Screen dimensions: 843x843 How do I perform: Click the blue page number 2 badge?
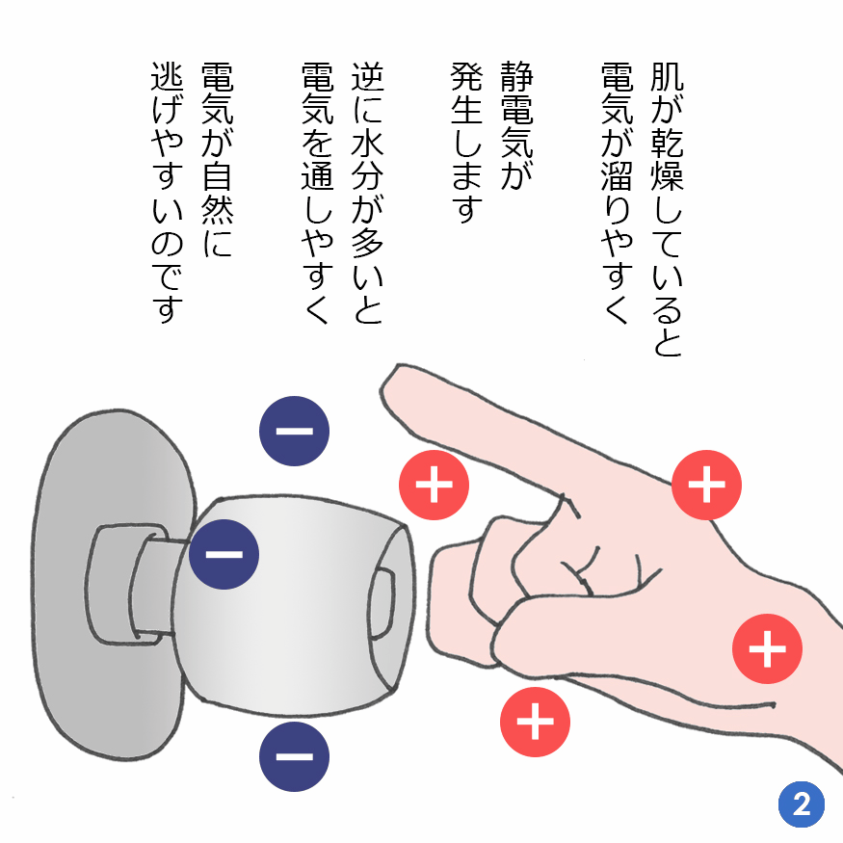point(802,803)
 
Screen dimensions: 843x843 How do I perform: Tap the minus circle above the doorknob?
point(294,430)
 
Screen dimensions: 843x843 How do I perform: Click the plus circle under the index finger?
point(434,484)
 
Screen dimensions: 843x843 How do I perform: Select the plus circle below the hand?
point(536,721)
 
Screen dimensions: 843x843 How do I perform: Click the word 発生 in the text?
point(467,102)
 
